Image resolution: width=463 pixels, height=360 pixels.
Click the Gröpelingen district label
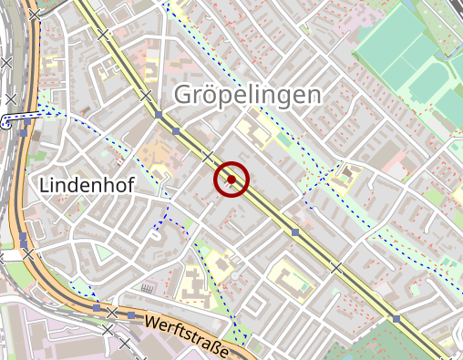[246, 96]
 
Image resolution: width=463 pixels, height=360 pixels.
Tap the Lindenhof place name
[87, 186]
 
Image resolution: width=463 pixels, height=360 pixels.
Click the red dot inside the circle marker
[231, 180]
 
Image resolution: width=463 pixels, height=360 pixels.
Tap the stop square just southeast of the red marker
[294, 232]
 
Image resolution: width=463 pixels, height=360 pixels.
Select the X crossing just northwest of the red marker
[207, 156]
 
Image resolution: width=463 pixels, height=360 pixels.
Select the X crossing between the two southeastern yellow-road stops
[336, 267]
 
